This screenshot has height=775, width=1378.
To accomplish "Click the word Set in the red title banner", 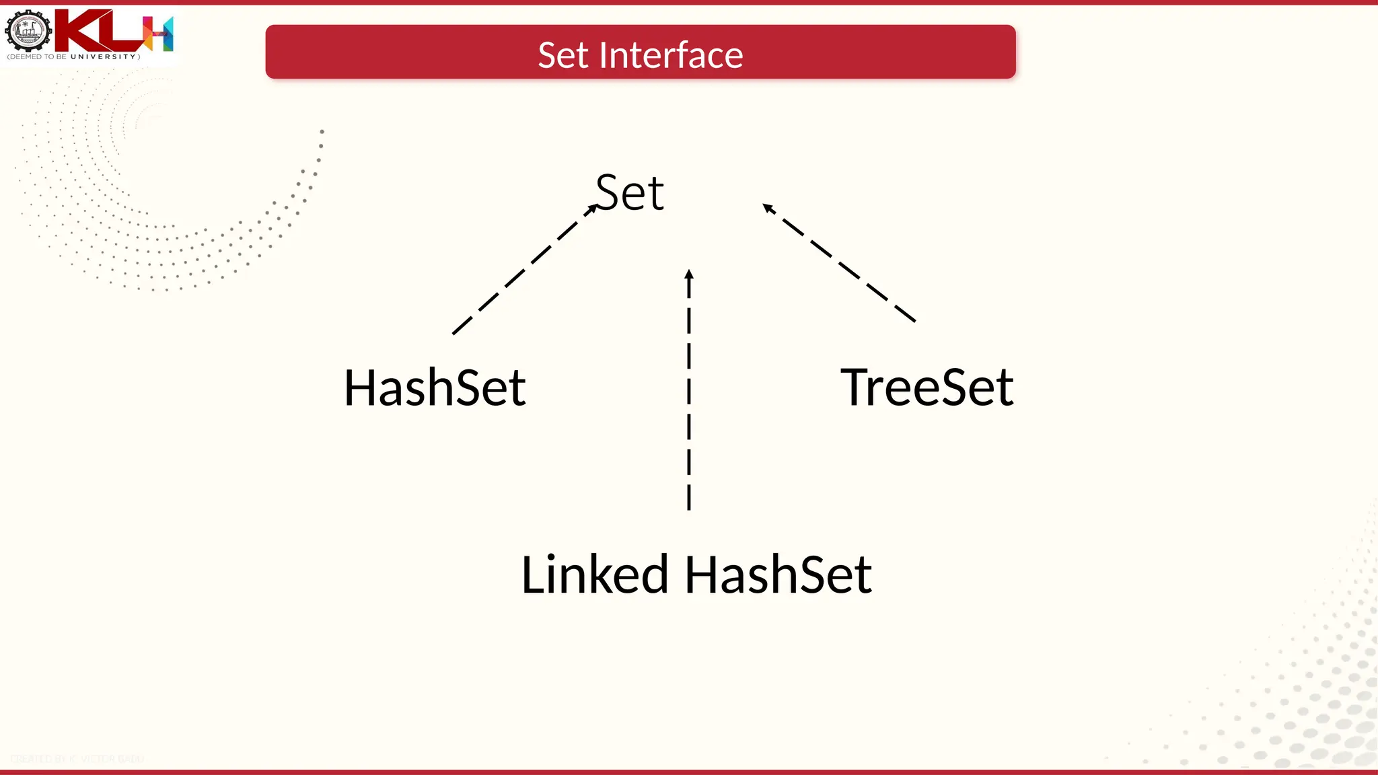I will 563,55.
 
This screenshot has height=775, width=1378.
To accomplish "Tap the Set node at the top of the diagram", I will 630,193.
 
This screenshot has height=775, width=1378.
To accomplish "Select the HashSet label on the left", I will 435,388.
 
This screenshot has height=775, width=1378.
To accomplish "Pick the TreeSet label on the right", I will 927,387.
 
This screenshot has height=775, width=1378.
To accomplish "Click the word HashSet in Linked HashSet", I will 778,575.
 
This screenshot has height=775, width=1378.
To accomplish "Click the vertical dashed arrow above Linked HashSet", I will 689,390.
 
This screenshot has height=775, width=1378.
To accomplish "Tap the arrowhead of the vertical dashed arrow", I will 689,274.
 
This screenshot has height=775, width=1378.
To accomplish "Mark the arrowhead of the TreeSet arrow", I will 768,207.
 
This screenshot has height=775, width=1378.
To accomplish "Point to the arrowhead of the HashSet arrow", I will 592,209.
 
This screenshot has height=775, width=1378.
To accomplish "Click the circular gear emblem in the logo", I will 28,31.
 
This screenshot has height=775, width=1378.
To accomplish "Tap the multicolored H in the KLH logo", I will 160,34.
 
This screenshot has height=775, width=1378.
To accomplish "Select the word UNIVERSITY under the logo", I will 104,57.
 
